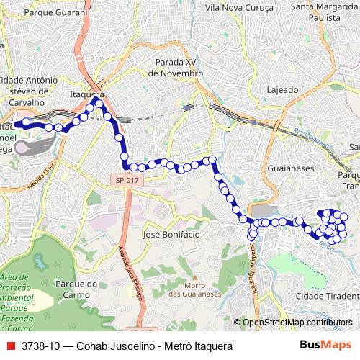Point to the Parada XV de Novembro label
tap(176, 68)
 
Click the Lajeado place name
tap(283, 90)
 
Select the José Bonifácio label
tap(171, 235)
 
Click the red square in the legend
tap(9, 346)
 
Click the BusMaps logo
tap(325, 346)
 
